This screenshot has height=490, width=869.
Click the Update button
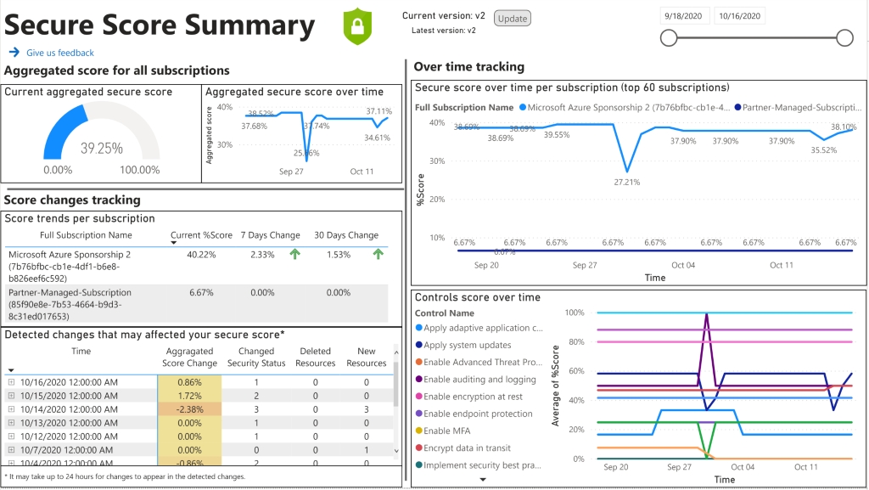512,18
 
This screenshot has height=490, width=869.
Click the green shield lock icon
357,26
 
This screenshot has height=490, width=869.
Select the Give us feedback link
59,53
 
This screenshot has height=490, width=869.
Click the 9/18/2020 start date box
684,15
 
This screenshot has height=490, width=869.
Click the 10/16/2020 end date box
739,15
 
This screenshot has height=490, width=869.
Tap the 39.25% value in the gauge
102,148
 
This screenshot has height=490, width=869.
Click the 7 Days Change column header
270,235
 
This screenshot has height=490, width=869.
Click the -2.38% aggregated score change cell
188,408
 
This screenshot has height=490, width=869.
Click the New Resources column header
366,357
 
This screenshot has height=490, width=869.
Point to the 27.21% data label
626,182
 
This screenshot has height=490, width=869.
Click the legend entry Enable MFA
446,431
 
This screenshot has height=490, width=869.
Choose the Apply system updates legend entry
467,346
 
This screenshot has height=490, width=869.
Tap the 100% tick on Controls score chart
574,313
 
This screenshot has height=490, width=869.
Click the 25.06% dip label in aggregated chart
306,154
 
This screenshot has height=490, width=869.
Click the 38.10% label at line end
842,127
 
